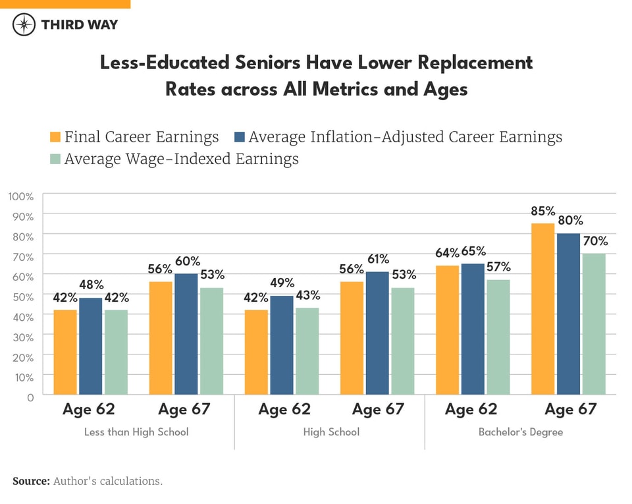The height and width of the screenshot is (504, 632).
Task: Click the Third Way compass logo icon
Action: (24, 25)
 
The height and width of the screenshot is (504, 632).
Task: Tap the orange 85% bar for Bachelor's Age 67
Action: (543, 309)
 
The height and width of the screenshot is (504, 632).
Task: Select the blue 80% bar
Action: (568, 314)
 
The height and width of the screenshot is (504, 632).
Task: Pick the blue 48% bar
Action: (91, 346)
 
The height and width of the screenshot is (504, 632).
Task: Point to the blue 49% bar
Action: (282, 345)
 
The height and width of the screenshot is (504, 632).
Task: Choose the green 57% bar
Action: (498, 337)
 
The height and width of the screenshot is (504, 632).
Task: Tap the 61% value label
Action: (378, 259)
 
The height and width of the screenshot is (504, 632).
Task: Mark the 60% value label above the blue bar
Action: (188, 261)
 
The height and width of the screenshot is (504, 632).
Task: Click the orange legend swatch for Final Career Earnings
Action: (55, 137)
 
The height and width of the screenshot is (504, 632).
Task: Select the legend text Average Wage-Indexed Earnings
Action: (181, 159)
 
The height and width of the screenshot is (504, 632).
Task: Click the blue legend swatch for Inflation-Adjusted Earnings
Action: (240, 137)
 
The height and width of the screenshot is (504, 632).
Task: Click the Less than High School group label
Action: (136, 432)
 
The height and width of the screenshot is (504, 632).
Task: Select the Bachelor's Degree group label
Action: (520, 432)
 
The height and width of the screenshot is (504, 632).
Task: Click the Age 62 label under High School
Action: (284, 409)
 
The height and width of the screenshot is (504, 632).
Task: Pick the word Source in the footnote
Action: (31, 481)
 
